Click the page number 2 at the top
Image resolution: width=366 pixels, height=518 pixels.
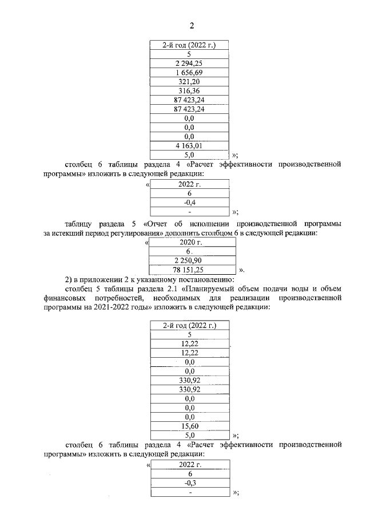tap(192, 25)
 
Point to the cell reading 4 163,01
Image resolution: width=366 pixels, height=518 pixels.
tap(189, 145)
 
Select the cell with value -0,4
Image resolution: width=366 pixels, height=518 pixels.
tap(190, 203)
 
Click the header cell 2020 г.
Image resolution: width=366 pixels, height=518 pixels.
tap(191, 242)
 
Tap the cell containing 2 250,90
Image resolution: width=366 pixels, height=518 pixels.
tap(191, 260)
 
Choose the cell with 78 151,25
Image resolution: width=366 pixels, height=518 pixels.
tap(191, 270)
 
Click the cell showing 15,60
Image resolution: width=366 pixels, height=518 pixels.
tap(190, 426)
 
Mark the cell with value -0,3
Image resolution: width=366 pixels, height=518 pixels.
tap(190, 483)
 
